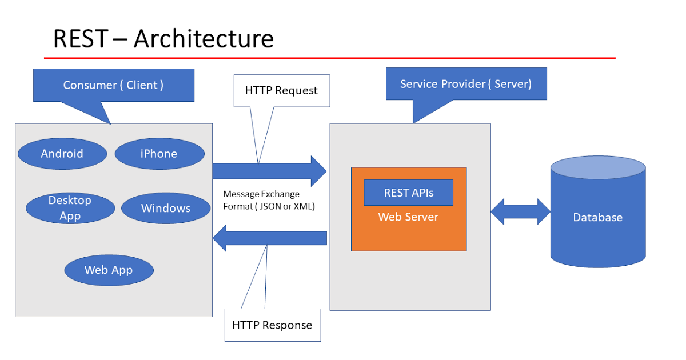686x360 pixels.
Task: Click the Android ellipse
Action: tap(62, 153)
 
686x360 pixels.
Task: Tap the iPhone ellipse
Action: tap(159, 153)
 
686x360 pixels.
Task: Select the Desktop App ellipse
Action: tap(70, 208)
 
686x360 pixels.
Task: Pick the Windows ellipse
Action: tap(166, 208)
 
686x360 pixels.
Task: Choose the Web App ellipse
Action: tap(109, 270)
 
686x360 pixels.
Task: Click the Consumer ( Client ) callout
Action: tap(113, 85)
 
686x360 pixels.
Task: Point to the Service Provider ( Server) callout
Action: tap(466, 84)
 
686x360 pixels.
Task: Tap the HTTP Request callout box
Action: tap(281, 90)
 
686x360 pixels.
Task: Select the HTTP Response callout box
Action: tap(272, 325)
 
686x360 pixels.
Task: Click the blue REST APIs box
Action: tap(409, 193)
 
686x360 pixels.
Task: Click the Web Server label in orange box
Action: tap(408, 217)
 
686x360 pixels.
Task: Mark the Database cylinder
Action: tap(598, 217)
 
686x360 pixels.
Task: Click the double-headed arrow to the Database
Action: tap(520, 212)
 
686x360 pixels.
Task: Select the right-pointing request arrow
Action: tap(269, 170)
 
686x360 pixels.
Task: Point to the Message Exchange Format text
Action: tap(269, 200)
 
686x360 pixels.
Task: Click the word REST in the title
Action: tap(80, 39)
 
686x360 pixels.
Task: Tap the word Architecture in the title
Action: tap(204, 39)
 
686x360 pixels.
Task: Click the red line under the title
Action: tap(329, 58)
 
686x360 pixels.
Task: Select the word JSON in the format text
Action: tap(272, 206)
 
